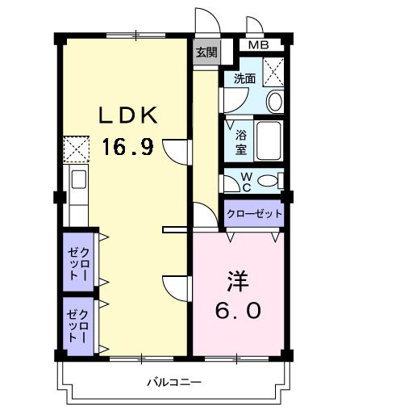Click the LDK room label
pyautogui.click(x=129, y=115)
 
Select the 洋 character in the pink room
pyautogui.click(x=237, y=280)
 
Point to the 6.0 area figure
pyautogui.click(x=237, y=310)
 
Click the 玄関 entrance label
pyautogui.click(x=206, y=52)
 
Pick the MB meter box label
pyautogui.click(x=258, y=45)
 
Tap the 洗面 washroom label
pyautogui.click(x=244, y=78)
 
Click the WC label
pyautogui.click(x=246, y=180)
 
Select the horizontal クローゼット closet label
pyautogui.click(x=254, y=214)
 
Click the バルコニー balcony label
pyautogui.click(x=173, y=381)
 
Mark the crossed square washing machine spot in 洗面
pyautogui.click(x=273, y=71)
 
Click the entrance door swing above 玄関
pyautogui.click(x=203, y=22)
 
